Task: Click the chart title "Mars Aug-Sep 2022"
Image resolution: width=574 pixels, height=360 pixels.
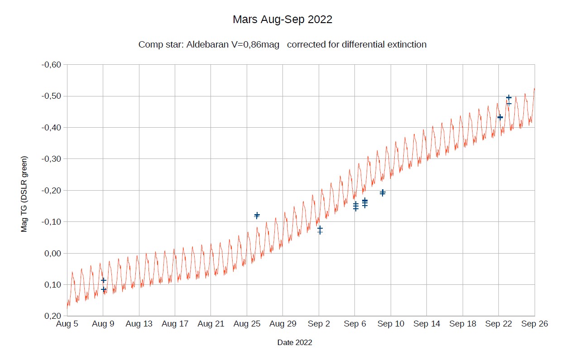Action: tap(282, 20)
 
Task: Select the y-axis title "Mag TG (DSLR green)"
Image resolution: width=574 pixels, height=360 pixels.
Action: tap(24, 194)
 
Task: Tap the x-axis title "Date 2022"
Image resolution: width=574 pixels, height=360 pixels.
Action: tap(295, 343)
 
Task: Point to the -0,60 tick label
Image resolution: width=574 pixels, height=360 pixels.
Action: tap(51, 65)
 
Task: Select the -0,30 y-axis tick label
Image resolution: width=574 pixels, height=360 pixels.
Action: tap(51, 159)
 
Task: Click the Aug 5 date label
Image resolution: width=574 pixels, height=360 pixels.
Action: tap(67, 324)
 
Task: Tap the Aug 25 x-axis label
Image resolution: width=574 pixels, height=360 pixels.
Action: tap(247, 324)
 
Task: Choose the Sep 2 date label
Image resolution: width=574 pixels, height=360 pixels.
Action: tap(319, 324)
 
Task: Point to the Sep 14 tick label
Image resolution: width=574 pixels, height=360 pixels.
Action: tap(426, 324)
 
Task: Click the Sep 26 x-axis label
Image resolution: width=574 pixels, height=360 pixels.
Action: tap(535, 324)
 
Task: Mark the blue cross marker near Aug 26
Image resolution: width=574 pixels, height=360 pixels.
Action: tap(257, 215)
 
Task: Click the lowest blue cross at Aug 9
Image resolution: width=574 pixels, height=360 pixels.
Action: tap(104, 289)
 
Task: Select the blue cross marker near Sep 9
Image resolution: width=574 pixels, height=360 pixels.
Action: tap(383, 193)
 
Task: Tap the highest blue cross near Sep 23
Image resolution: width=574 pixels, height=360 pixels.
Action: tap(509, 97)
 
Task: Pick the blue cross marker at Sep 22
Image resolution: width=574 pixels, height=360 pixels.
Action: tap(500, 117)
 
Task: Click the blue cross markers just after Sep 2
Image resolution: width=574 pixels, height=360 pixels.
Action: tap(320, 230)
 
